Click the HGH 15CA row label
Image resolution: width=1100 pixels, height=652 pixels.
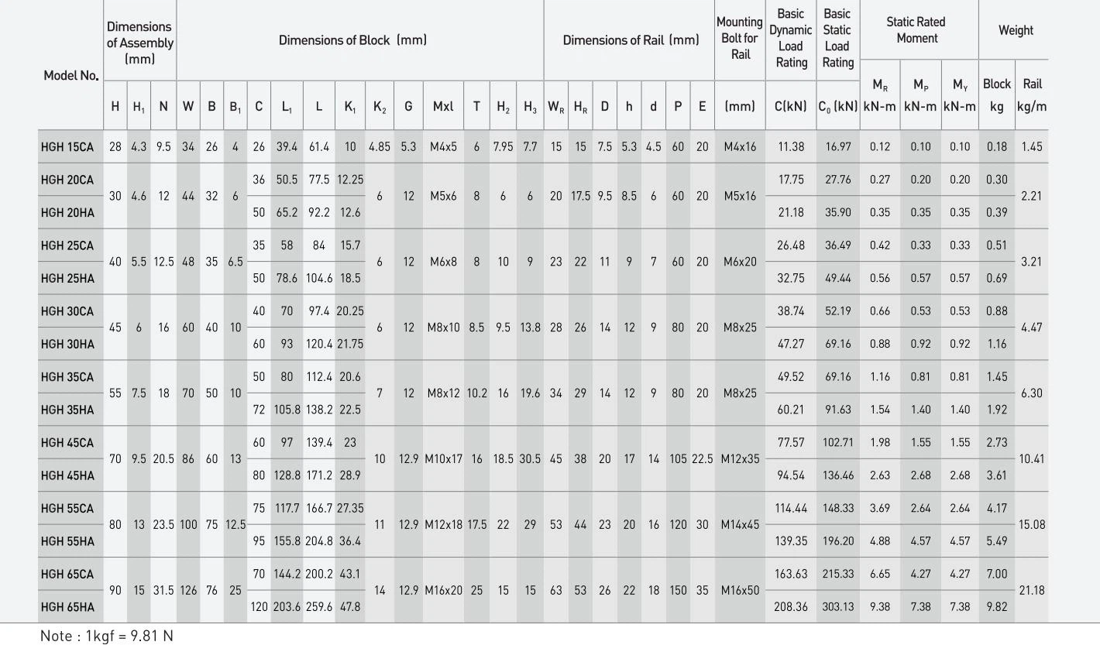click(67, 146)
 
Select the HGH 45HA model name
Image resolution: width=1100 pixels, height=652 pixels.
click(67, 475)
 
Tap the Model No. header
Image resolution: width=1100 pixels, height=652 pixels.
click(70, 75)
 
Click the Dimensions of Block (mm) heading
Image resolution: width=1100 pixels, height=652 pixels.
click(352, 40)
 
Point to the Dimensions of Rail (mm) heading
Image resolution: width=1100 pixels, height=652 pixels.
click(631, 40)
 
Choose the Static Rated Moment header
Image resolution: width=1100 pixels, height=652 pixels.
click(916, 30)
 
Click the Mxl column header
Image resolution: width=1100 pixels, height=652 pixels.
click(443, 107)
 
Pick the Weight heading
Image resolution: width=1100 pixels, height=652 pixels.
click(1016, 30)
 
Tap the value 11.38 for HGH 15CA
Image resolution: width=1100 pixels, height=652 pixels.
click(791, 146)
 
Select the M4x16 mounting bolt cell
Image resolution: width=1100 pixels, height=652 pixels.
click(740, 146)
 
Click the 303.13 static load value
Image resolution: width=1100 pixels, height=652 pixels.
click(838, 607)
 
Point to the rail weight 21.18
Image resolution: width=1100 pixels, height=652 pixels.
click(1032, 590)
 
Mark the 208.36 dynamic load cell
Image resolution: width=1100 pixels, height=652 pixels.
click(791, 607)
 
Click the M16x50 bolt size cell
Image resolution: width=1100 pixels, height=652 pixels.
click(740, 590)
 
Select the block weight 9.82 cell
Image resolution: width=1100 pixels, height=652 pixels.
click(997, 607)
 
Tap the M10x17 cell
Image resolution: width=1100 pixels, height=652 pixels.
click(443, 458)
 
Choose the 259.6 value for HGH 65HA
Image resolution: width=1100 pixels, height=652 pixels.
click(318, 607)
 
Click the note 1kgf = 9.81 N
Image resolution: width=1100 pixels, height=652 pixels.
click(107, 636)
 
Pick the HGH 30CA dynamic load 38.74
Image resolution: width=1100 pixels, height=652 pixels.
click(791, 311)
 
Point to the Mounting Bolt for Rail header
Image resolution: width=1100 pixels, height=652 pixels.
click(740, 39)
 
